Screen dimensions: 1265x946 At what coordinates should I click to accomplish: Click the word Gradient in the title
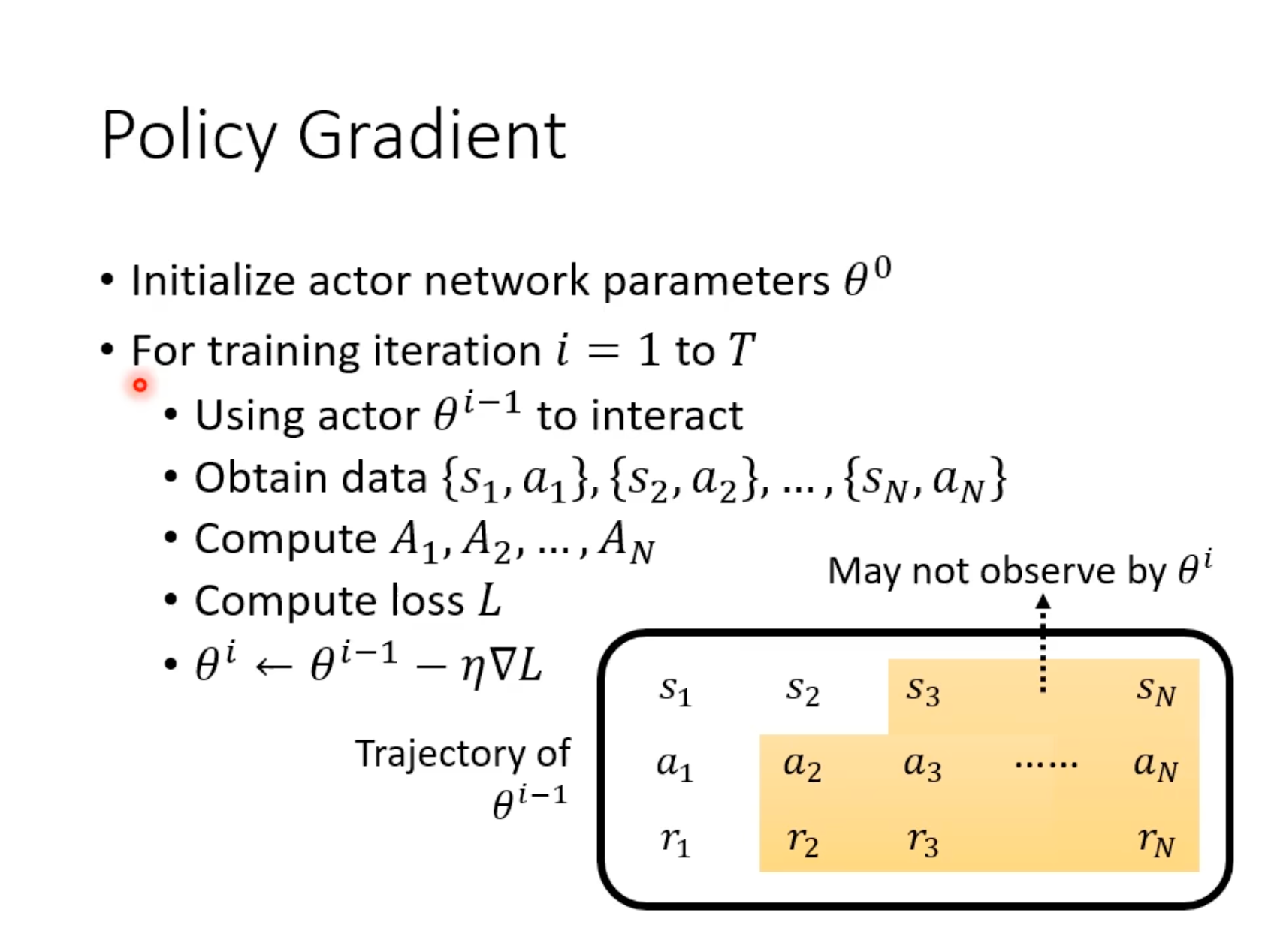(432, 135)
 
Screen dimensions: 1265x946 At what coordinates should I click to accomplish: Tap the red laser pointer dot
(140, 385)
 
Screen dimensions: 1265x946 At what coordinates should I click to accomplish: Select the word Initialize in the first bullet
(213, 281)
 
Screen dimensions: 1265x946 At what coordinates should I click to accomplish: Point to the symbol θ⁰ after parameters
(868, 276)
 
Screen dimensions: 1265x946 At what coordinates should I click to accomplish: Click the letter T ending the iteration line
(741, 349)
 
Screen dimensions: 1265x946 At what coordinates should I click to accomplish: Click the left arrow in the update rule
(273, 667)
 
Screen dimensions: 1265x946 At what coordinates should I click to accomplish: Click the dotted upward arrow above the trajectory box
(1043, 643)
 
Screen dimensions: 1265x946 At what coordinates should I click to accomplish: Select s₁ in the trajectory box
(675, 691)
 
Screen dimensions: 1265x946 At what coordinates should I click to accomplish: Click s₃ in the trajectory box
(922, 691)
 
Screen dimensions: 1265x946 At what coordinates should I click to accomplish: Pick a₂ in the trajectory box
(802, 766)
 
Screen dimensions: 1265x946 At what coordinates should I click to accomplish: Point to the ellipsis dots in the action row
(1046, 765)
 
